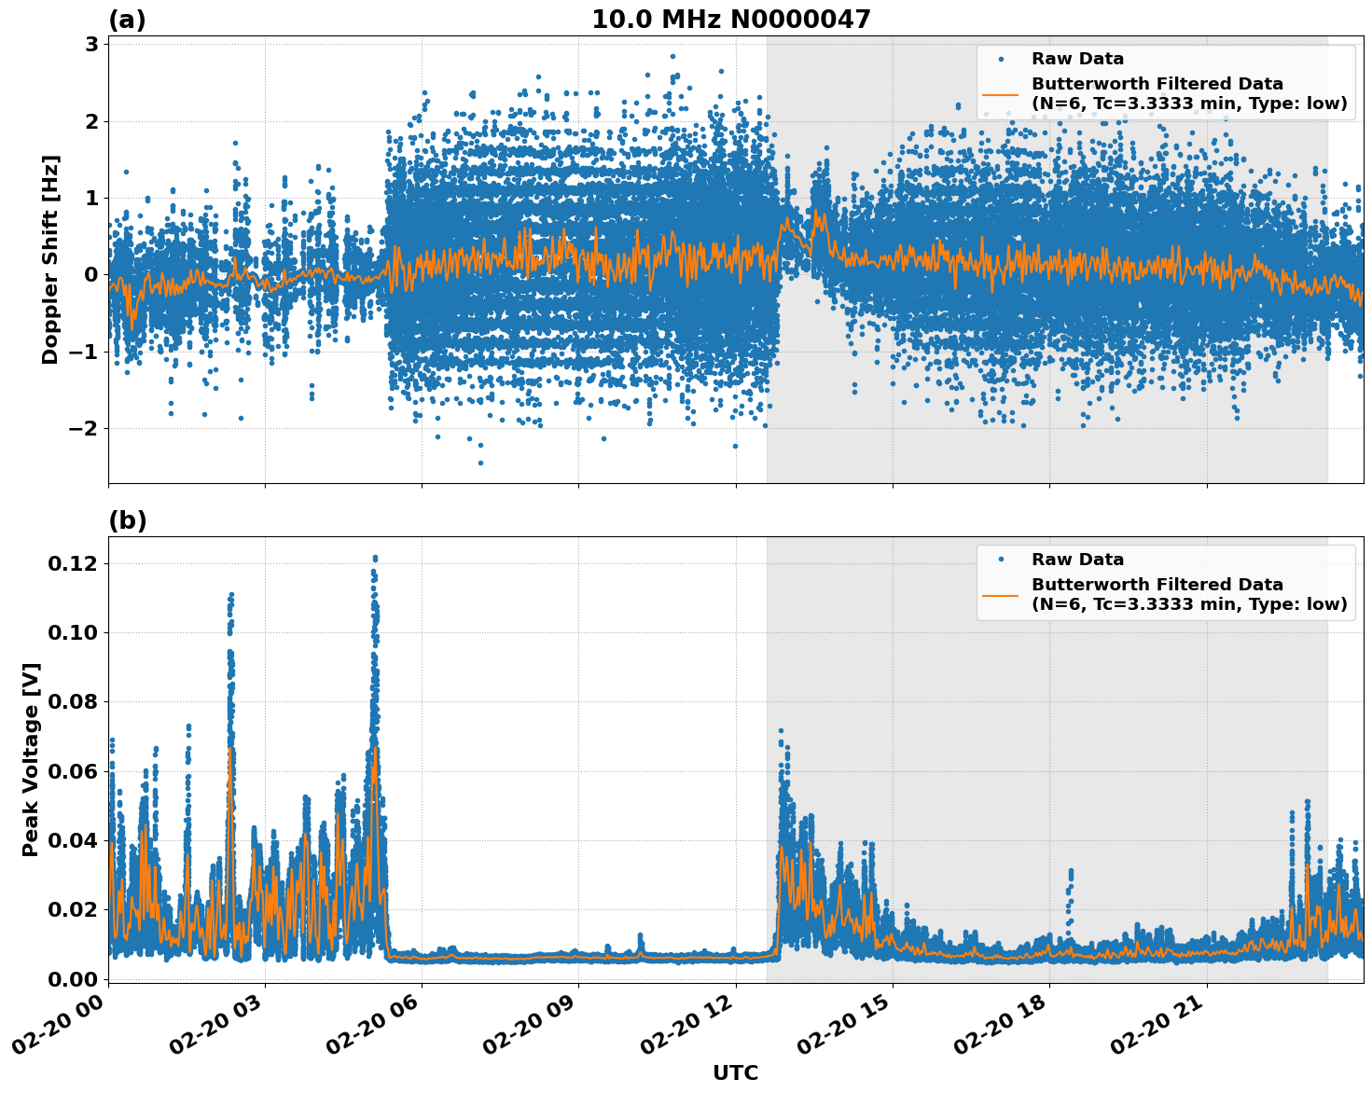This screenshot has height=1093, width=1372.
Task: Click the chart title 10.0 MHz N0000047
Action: point(730,20)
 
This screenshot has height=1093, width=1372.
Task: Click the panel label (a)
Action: point(127,20)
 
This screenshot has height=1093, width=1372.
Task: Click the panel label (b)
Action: point(127,520)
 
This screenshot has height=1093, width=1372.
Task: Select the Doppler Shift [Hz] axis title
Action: point(50,259)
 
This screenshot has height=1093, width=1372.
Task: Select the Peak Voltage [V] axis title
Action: point(31,759)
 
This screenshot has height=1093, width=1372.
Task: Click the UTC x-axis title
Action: point(735,1072)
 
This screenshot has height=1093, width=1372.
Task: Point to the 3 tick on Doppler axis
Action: point(91,44)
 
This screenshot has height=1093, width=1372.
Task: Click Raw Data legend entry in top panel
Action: point(1077,59)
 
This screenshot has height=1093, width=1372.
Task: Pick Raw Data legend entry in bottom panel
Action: point(1077,560)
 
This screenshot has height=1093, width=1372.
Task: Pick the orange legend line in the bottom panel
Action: point(1001,594)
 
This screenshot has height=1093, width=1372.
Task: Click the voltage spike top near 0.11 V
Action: point(230,594)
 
